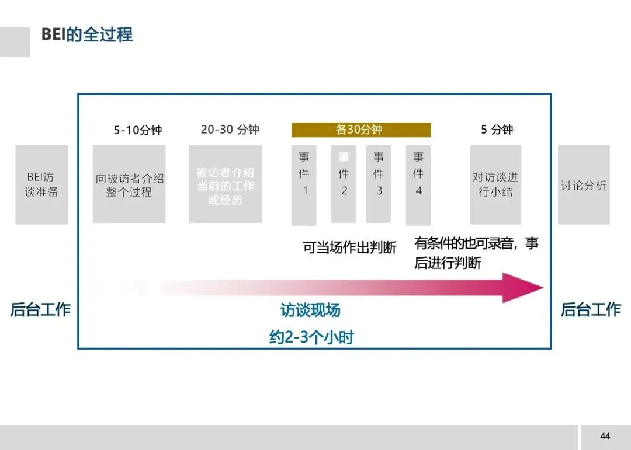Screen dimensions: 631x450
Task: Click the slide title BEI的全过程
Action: (87, 34)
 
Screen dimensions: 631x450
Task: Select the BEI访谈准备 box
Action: (41, 184)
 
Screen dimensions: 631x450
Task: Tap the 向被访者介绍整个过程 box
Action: (129, 184)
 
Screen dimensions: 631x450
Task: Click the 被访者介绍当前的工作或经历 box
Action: (225, 184)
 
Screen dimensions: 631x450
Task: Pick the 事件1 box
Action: (304, 184)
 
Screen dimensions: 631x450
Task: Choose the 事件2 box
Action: (344, 183)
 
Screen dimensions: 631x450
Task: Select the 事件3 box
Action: (379, 183)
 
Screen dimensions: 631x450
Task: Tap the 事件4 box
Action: (418, 184)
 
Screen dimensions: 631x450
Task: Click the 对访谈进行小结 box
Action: (495, 184)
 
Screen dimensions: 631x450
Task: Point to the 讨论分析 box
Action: (584, 184)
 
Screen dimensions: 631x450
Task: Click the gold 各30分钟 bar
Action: (361, 130)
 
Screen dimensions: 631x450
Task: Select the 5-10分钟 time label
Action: (137, 130)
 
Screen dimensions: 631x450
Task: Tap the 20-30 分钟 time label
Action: (230, 130)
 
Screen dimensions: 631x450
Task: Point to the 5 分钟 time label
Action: (497, 130)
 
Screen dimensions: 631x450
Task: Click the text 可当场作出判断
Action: (349, 247)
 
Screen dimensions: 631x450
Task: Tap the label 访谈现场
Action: (310, 310)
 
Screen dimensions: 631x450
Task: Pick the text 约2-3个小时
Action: (311, 337)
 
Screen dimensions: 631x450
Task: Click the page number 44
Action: (605, 437)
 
